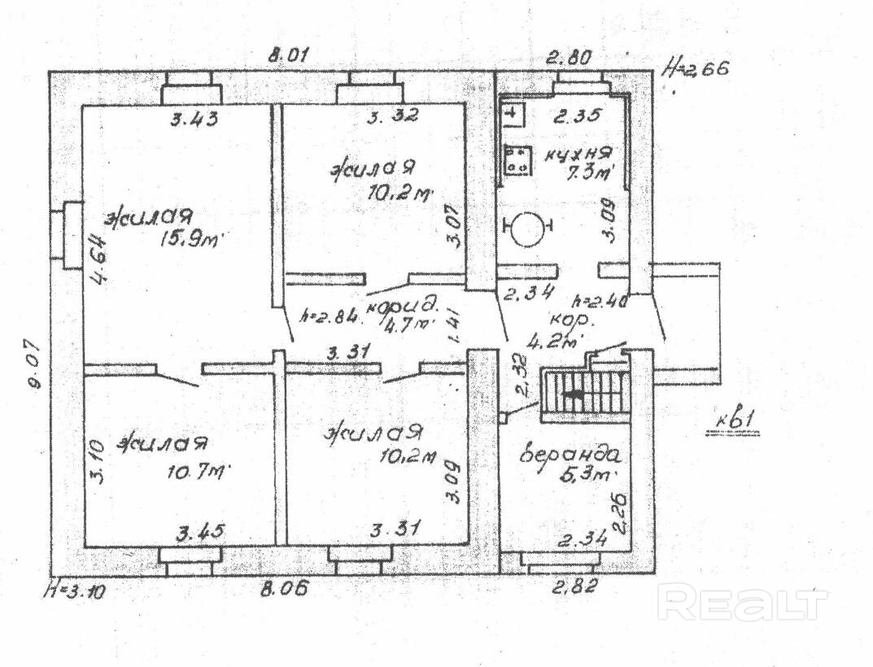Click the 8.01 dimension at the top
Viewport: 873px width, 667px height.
pyautogui.click(x=290, y=56)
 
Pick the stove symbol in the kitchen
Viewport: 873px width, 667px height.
pyautogui.click(x=516, y=160)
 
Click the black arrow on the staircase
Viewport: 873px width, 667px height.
pyautogui.click(x=574, y=395)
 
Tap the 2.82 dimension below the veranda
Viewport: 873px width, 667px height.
pyautogui.click(x=574, y=585)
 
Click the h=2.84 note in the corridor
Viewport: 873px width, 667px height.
pyautogui.click(x=328, y=316)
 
